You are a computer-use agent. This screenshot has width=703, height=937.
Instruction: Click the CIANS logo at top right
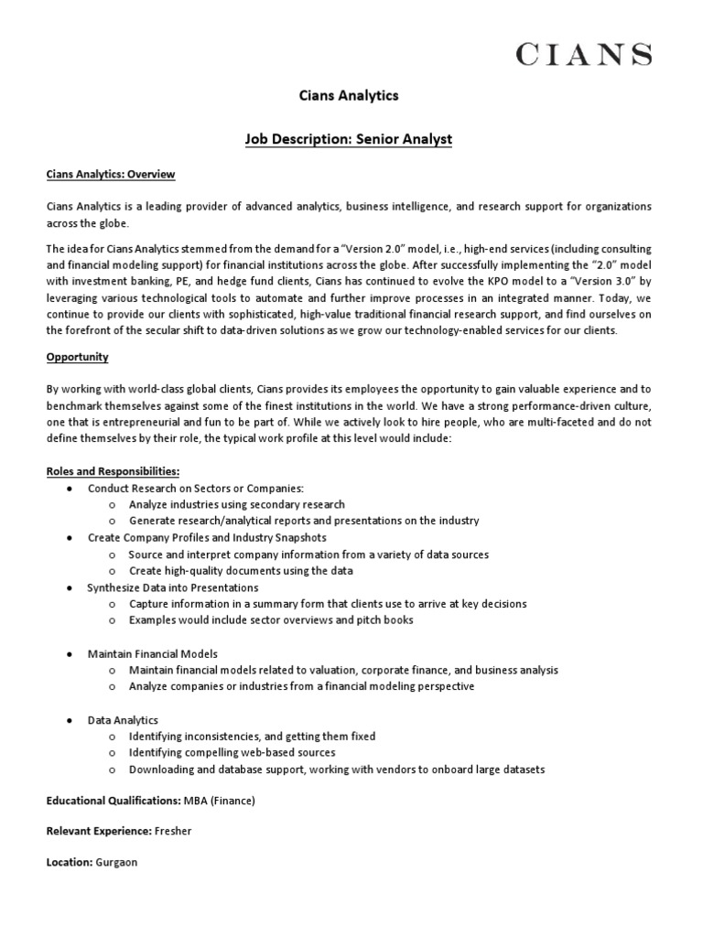[584, 55]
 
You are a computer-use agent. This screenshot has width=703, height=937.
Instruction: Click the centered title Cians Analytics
[351, 94]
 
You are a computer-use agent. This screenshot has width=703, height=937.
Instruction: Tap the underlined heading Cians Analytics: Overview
[111, 174]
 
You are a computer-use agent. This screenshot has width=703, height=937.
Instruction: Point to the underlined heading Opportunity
[78, 356]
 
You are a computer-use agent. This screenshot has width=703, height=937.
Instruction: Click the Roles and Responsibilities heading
[114, 470]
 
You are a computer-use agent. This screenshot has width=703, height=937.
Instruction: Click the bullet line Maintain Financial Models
[153, 654]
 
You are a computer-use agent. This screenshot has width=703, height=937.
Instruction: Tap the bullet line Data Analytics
[123, 720]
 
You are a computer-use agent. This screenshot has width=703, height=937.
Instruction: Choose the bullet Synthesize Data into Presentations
[173, 587]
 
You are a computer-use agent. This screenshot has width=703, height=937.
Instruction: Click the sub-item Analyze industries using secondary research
[237, 504]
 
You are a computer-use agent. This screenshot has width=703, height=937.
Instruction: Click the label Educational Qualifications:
[114, 801]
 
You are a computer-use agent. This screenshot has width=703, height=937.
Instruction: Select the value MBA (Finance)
[220, 801]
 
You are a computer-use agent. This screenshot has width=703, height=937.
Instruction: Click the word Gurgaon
[117, 863]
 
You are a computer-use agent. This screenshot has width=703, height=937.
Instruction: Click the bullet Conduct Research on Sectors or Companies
[195, 488]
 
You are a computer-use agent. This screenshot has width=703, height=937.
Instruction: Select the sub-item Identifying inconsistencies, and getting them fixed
[253, 737]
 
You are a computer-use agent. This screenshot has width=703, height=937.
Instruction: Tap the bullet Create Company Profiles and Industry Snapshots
[207, 537]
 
